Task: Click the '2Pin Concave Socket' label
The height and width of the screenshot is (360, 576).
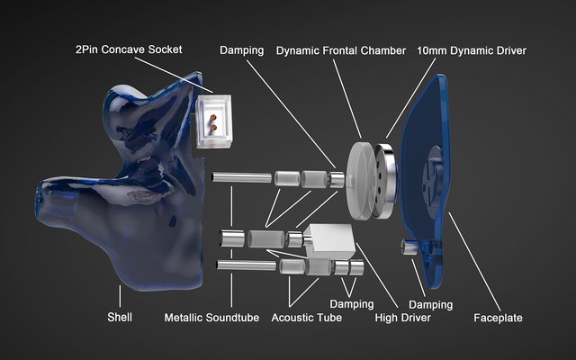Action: (129, 49)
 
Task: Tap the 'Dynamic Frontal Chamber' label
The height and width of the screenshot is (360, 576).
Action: (341, 50)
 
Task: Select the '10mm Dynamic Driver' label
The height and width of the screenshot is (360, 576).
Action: (472, 50)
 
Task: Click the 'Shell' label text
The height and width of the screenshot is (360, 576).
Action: (120, 317)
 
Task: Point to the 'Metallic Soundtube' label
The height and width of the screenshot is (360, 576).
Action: (211, 318)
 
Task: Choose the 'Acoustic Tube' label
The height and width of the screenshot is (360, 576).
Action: (307, 318)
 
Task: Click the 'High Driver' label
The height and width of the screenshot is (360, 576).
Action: (403, 318)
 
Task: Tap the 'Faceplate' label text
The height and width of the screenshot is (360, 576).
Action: (498, 318)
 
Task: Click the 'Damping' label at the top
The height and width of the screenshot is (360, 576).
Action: (242, 50)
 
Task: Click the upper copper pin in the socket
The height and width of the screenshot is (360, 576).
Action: (212, 118)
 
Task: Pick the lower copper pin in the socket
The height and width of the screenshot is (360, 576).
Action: (213, 128)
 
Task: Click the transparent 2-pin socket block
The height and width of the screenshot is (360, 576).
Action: (214, 121)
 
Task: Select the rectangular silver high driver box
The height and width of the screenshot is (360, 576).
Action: (329, 241)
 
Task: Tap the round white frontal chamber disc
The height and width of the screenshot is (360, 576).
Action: (361, 181)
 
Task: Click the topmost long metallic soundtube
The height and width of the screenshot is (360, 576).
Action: (242, 177)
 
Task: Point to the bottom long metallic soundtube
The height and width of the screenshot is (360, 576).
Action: (246, 265)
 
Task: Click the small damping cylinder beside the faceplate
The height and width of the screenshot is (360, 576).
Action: (409, 247)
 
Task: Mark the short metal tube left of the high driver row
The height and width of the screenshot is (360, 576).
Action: (232, 238)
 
